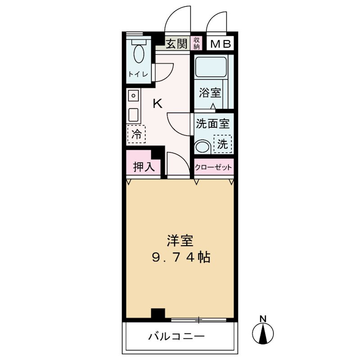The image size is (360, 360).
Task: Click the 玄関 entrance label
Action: [176, 44]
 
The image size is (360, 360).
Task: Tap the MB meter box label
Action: [221, 44]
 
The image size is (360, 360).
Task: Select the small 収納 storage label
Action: [197, 43]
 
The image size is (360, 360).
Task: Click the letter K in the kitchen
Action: [157, 104]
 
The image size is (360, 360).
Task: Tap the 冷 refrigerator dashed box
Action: [136, 134]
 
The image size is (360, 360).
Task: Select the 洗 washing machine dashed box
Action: [222, 144]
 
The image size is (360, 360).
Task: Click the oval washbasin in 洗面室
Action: [203, 147]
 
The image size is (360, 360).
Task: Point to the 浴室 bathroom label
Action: [211, 93]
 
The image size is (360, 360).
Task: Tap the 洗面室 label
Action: [213, 122]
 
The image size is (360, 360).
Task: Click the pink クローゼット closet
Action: [214, 167]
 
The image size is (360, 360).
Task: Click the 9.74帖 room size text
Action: [180, 258]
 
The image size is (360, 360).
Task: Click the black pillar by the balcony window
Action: [158, 314]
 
